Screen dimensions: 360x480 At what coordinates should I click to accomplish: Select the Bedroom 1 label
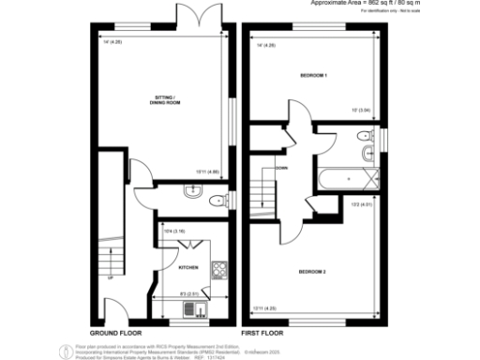point(312,74)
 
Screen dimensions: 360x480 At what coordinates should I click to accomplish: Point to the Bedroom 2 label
point(312,271)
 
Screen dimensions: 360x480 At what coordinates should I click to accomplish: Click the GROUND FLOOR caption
point(115,332)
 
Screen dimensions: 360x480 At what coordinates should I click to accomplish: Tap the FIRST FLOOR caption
point(262,332)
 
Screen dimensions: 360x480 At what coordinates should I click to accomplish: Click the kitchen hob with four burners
point(218,271)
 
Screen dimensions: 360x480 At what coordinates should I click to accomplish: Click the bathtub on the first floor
point(348,175)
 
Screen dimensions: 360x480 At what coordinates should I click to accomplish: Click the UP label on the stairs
point(110,278)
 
